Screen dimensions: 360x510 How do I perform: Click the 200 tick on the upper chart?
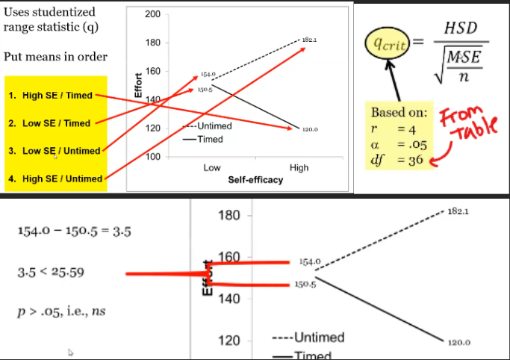click(x=153, y=15)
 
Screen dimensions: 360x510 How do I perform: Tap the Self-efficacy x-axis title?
click(x=255, y=180)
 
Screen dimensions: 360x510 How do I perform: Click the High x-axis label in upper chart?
click(x=299, y=168)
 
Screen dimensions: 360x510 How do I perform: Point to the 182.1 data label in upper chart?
click(x=310, y=39)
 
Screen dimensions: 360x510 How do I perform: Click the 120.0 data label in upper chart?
click(x=310, y=129)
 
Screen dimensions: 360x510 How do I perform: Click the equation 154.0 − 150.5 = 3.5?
click(x=74, y=232)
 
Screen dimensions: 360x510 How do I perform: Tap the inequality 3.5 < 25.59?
click(x=51, y=272)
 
